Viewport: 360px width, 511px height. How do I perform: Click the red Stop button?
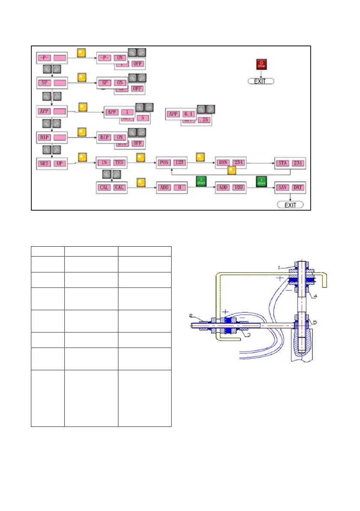[x=261, y=64]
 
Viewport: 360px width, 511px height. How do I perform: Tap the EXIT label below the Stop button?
[x=260, y=81]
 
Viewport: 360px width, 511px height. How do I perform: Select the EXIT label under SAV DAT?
[x=290, y=204]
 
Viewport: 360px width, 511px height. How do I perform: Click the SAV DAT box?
[x=290, y=187]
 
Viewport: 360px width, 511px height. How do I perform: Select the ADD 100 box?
[x=230, y=187]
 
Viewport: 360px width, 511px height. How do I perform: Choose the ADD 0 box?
[x=171, y=187]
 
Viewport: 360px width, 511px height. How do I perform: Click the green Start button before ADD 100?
[x=201, y=181]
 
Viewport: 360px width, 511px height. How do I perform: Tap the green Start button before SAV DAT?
[x=261, y=181]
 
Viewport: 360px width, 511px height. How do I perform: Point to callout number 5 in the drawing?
[x=317, y=322]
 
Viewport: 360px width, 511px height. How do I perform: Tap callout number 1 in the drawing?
[x=279, y=267]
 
